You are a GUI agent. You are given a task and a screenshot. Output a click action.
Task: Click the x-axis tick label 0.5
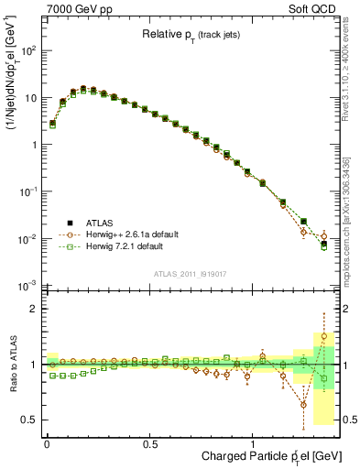(149, 443)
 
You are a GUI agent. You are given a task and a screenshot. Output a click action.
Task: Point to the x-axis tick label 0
(47, 443)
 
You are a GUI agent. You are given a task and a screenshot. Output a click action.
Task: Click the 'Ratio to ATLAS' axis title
(11, 365)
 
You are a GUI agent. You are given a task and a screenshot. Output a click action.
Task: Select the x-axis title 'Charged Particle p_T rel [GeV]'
(266, 456)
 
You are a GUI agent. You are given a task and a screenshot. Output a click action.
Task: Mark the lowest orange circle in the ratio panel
(303, 404)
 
